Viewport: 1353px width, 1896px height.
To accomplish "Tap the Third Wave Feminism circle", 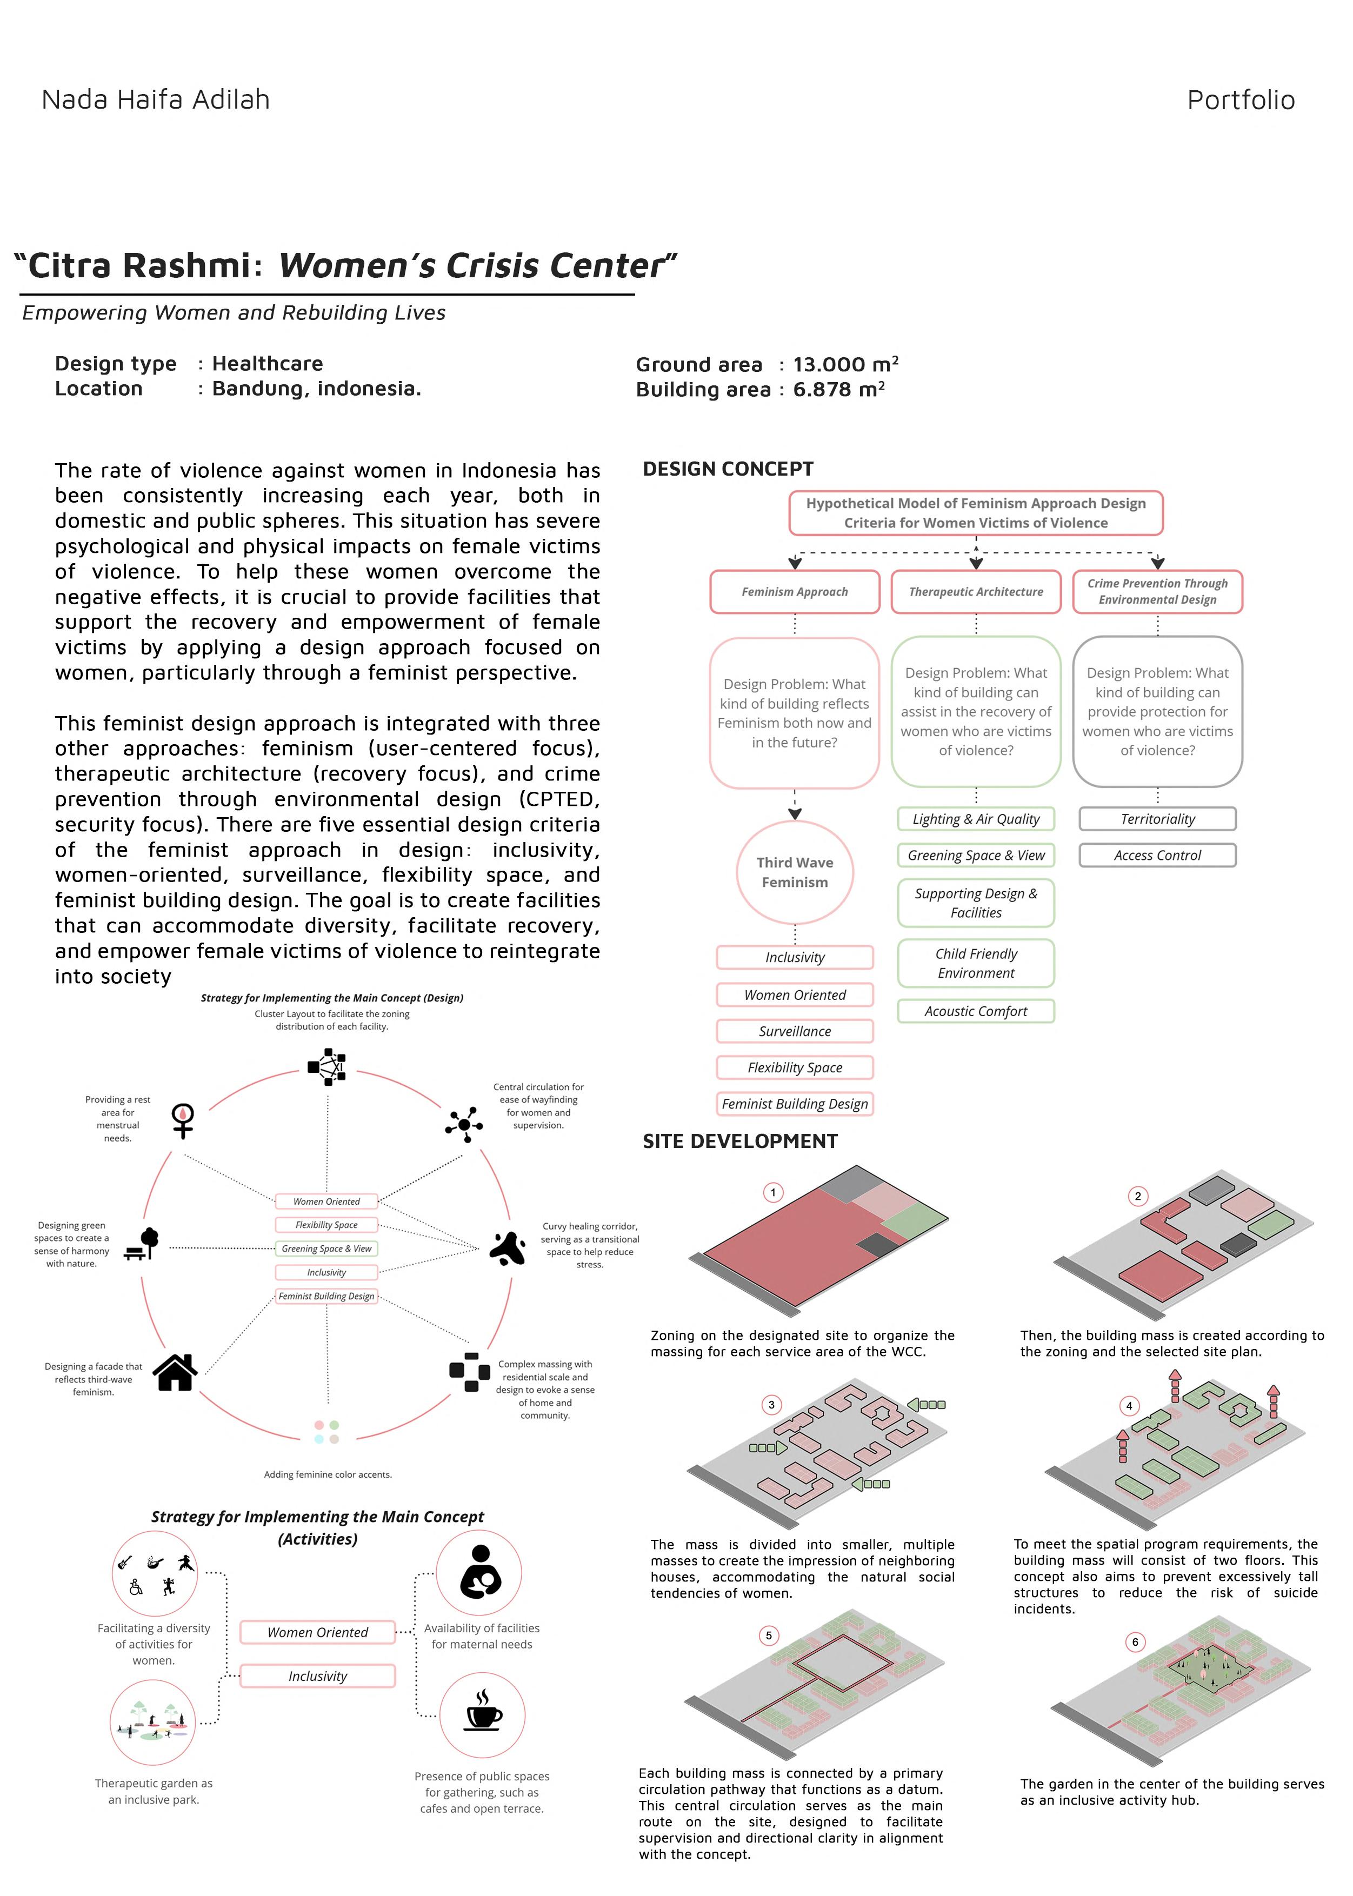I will click(x=794, y=872).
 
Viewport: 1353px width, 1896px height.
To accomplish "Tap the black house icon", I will click(x=175, y=1372).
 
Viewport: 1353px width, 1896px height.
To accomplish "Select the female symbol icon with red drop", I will click(x=183, y=1120).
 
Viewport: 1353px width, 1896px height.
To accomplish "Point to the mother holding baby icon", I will click(x=480, y=1572).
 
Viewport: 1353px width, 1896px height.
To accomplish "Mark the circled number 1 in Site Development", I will click(x=772, y=1193).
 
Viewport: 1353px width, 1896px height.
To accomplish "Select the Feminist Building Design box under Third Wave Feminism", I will click(x=794, y=1104).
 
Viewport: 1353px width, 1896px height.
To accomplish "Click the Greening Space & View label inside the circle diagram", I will click(x=326, y=1249).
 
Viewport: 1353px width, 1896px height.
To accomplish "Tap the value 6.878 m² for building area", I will click(x=838, y=389).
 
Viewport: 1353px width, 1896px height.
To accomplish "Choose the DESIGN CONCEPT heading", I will click(x=728, y=469).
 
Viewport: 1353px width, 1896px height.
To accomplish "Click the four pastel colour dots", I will click(x=326, y=1432).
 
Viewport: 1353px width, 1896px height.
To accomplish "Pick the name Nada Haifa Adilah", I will click(x=156, y=100).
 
